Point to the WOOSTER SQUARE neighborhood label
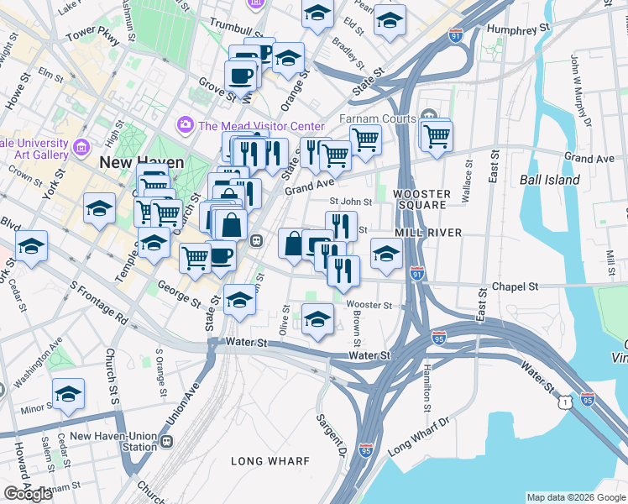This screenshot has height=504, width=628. click(421, 202)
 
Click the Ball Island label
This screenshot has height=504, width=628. click(549, 180)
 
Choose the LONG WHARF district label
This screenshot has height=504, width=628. click(271, 461)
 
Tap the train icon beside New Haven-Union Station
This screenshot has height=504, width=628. click(167, 441)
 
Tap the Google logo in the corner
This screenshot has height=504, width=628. click(28, 494)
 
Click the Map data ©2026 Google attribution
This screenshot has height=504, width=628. click(575, 496)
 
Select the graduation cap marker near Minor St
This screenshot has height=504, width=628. click(69, 392)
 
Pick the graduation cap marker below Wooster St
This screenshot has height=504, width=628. click(317, 319)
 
